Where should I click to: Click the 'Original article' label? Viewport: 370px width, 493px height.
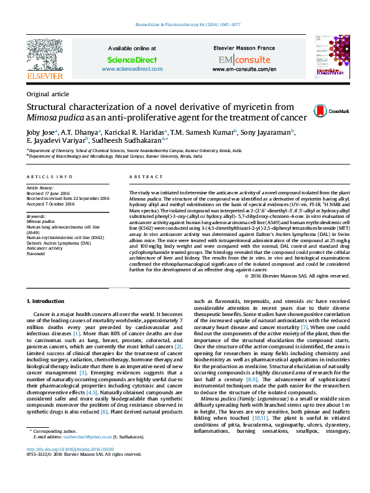pos(48,94)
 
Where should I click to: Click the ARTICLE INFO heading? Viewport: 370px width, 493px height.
pos(50,177)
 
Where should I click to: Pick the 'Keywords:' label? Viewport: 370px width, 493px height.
pos(36,215)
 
